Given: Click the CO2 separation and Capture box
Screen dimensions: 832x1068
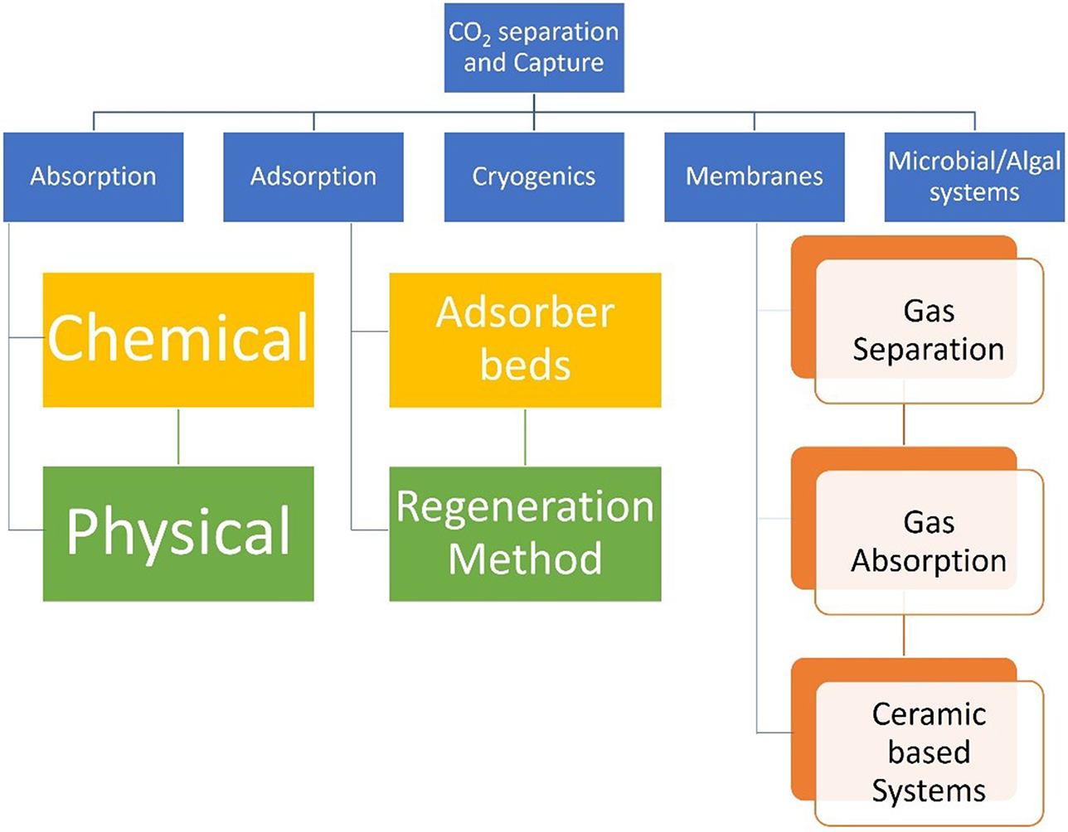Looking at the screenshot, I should [x=534, y=47].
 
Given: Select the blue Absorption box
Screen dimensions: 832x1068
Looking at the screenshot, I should [x=93, y=177].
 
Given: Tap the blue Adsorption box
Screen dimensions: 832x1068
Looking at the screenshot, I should [x=313, y=177].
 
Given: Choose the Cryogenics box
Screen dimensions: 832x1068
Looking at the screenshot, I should [x=534, y=177].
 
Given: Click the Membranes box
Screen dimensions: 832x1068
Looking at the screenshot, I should [x=754, y=177].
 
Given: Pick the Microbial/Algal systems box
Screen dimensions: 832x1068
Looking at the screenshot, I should [x=974, y=177].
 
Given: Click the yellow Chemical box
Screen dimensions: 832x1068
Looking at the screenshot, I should [x=178, y=340].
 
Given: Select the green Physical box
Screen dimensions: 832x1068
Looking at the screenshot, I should [x=178, y=534].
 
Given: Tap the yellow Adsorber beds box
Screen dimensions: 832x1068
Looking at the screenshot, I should [x=525, y=340].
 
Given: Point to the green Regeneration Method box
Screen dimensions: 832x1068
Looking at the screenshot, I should [x=525, y=534].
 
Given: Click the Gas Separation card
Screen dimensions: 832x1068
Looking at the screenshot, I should [x=928, y=330].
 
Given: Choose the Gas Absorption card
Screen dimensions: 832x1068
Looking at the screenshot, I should [x=928, y=541].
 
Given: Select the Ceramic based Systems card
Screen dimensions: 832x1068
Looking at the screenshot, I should [x=928, y=752].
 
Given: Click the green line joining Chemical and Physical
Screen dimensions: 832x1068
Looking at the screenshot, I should [x=178, y=437].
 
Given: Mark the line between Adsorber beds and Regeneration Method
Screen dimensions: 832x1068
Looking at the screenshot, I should [x=525, y=437].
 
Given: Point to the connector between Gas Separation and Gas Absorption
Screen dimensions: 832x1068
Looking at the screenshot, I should [x=904, y=425].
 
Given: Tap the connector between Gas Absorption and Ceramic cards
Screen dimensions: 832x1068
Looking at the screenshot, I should [x=904, y=636].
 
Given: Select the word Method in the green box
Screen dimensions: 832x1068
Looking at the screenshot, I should [x=525, y=559].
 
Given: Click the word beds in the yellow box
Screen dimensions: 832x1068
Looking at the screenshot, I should [x=525, y=365].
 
